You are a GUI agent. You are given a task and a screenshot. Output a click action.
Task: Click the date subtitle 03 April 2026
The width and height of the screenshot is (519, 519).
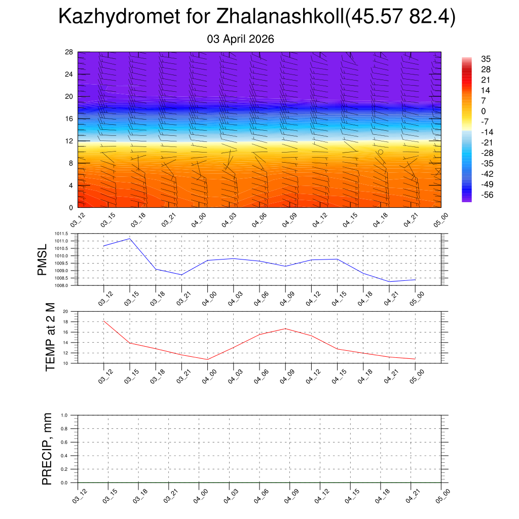point(241,39)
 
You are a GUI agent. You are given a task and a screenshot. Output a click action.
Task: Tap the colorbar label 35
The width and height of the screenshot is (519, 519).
point(485,59)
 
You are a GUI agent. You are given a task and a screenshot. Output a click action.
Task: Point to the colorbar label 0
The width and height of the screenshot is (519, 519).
point(484,111)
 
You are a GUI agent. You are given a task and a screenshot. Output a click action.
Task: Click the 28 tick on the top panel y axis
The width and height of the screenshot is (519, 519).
point(69,52)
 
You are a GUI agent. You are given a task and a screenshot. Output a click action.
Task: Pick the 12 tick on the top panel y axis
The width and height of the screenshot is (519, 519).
point(69,141)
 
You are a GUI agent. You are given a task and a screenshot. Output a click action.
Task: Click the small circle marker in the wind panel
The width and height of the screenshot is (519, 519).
point(380,152)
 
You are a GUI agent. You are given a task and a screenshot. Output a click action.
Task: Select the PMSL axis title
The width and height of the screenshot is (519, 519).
point(45,259)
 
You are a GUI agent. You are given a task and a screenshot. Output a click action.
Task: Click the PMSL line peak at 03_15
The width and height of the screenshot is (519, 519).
point(130,238)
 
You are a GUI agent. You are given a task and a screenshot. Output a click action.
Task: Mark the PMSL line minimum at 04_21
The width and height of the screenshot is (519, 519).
point(389,281)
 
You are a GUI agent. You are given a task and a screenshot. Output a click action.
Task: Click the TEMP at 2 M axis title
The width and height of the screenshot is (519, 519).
point(50,337)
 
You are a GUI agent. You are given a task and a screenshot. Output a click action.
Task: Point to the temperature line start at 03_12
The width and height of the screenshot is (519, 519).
point(104,321)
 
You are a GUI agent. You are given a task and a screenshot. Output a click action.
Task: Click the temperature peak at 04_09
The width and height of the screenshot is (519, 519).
point(285,328)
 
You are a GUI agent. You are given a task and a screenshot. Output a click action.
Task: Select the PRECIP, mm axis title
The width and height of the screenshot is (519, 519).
point(47,449)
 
